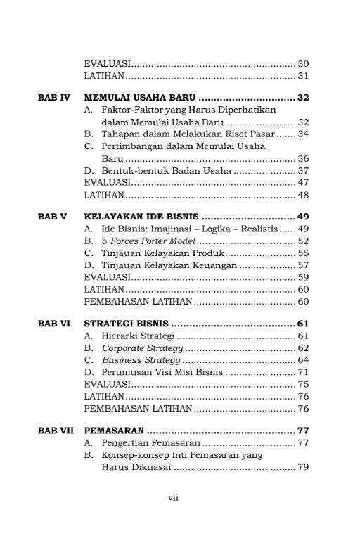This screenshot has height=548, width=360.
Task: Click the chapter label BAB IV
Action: (x=53, y=97)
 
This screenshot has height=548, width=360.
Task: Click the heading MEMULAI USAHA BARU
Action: (x=140, y=97)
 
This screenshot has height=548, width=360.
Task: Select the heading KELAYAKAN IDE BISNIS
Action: (x=141, y=216)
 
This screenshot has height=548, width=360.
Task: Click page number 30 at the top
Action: (x=304, y=63)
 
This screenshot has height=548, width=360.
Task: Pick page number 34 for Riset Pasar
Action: (x=304, y=134)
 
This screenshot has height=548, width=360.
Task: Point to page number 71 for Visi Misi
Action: (x=304, y=371)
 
